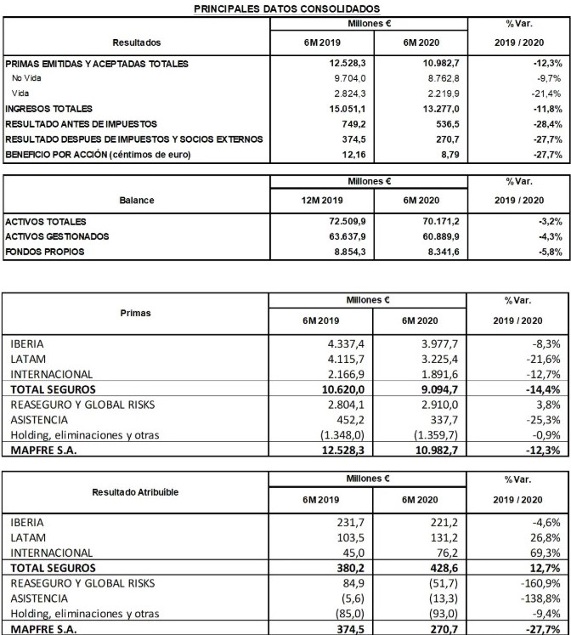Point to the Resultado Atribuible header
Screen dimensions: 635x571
pyautogui.click(x=136, y=492)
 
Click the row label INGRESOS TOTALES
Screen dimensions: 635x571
pyautogui.click(x=49, y=109)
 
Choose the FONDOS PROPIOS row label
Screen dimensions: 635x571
pyautogui.click(x=44, y=252)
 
